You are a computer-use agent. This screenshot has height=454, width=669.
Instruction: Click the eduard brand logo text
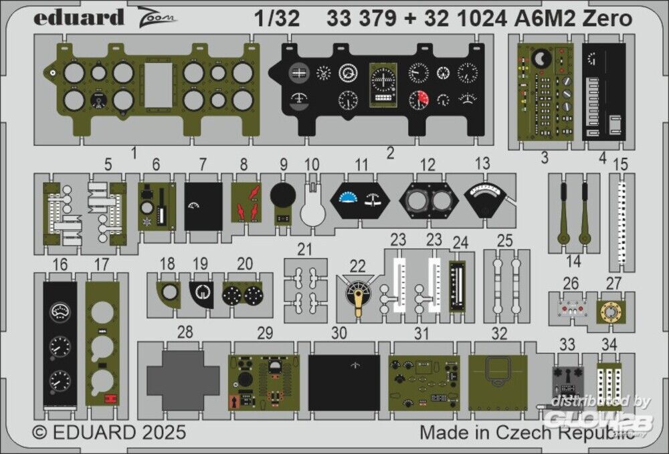pyautogui.click(x=79, y=17)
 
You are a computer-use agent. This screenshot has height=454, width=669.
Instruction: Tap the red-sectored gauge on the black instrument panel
pyautogui.click(x=419, y=100)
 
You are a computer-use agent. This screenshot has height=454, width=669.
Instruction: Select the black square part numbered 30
pyautogui.click(x=344, y=383)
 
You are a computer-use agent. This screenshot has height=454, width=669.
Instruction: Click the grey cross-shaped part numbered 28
pyautogui.click(x=182, y=380)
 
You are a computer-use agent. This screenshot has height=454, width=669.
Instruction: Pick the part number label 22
pyautogui.click(x=357, y=266)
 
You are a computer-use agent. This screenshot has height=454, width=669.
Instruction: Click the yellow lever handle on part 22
pyautogui.click(x=359, y=303)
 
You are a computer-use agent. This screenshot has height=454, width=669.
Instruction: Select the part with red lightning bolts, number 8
pyautogui.click(x=246, y=203)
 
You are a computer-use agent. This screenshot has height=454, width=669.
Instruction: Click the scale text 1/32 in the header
pyautogui.click(x=277, y=19)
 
